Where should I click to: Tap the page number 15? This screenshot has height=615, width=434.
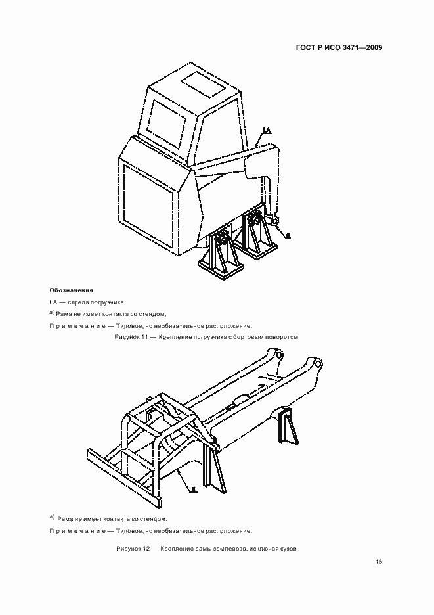(379, 561)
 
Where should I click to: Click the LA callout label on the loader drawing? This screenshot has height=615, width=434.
(267, 131)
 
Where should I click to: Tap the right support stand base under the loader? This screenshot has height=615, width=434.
(259, 248)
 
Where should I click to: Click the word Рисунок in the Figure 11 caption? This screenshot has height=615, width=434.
(127, 336)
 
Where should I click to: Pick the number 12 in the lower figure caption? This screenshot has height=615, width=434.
(146, 549)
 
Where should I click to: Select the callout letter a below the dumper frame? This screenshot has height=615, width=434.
(195, 489)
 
